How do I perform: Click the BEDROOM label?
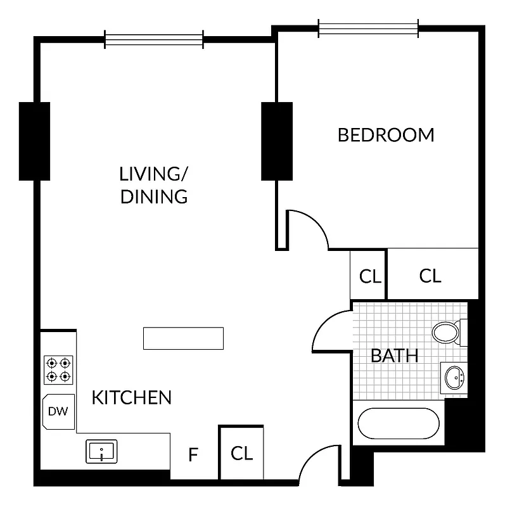pos(386,135)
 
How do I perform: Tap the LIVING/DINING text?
pos(154,185)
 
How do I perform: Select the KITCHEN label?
pos(132,397)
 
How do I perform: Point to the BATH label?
pos(394,356)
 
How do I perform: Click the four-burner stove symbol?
pos(58,369)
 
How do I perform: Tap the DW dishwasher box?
pos(58,411)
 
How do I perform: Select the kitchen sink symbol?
pos(101,452)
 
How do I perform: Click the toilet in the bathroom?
pos(448,331)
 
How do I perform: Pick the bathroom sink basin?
pos(454,378)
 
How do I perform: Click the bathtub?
pos(399,423)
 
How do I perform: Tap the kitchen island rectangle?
pos(183,338)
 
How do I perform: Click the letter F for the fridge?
pos(195,454)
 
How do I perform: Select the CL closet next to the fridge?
pos(241,453)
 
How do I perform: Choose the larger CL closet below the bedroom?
pos(431,276)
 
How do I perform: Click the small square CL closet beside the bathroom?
pos(370,276)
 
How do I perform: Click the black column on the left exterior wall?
pos(34,140)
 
